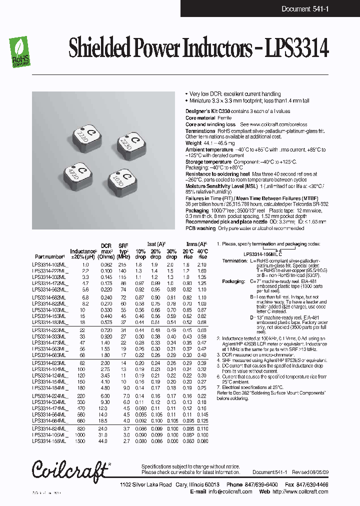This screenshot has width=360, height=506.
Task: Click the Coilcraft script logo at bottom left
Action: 69,469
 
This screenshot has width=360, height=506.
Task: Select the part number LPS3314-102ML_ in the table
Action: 49,264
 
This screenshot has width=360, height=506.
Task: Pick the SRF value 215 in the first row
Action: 122,264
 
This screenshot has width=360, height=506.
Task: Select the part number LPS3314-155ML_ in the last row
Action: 49,442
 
